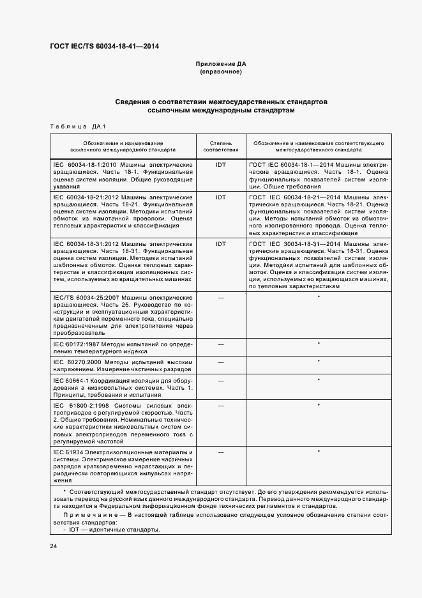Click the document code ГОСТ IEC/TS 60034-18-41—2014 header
coord(104,46)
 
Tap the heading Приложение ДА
coord(220,65)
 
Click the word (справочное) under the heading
coord(220,72)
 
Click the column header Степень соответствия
coord(221,148)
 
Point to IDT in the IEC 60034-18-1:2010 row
coord(221,164)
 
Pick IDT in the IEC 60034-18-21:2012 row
coord(221,197)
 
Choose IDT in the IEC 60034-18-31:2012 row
coord(221,244)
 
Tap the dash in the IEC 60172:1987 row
coord(221,344)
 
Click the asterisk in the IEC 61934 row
coord(318,452)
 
